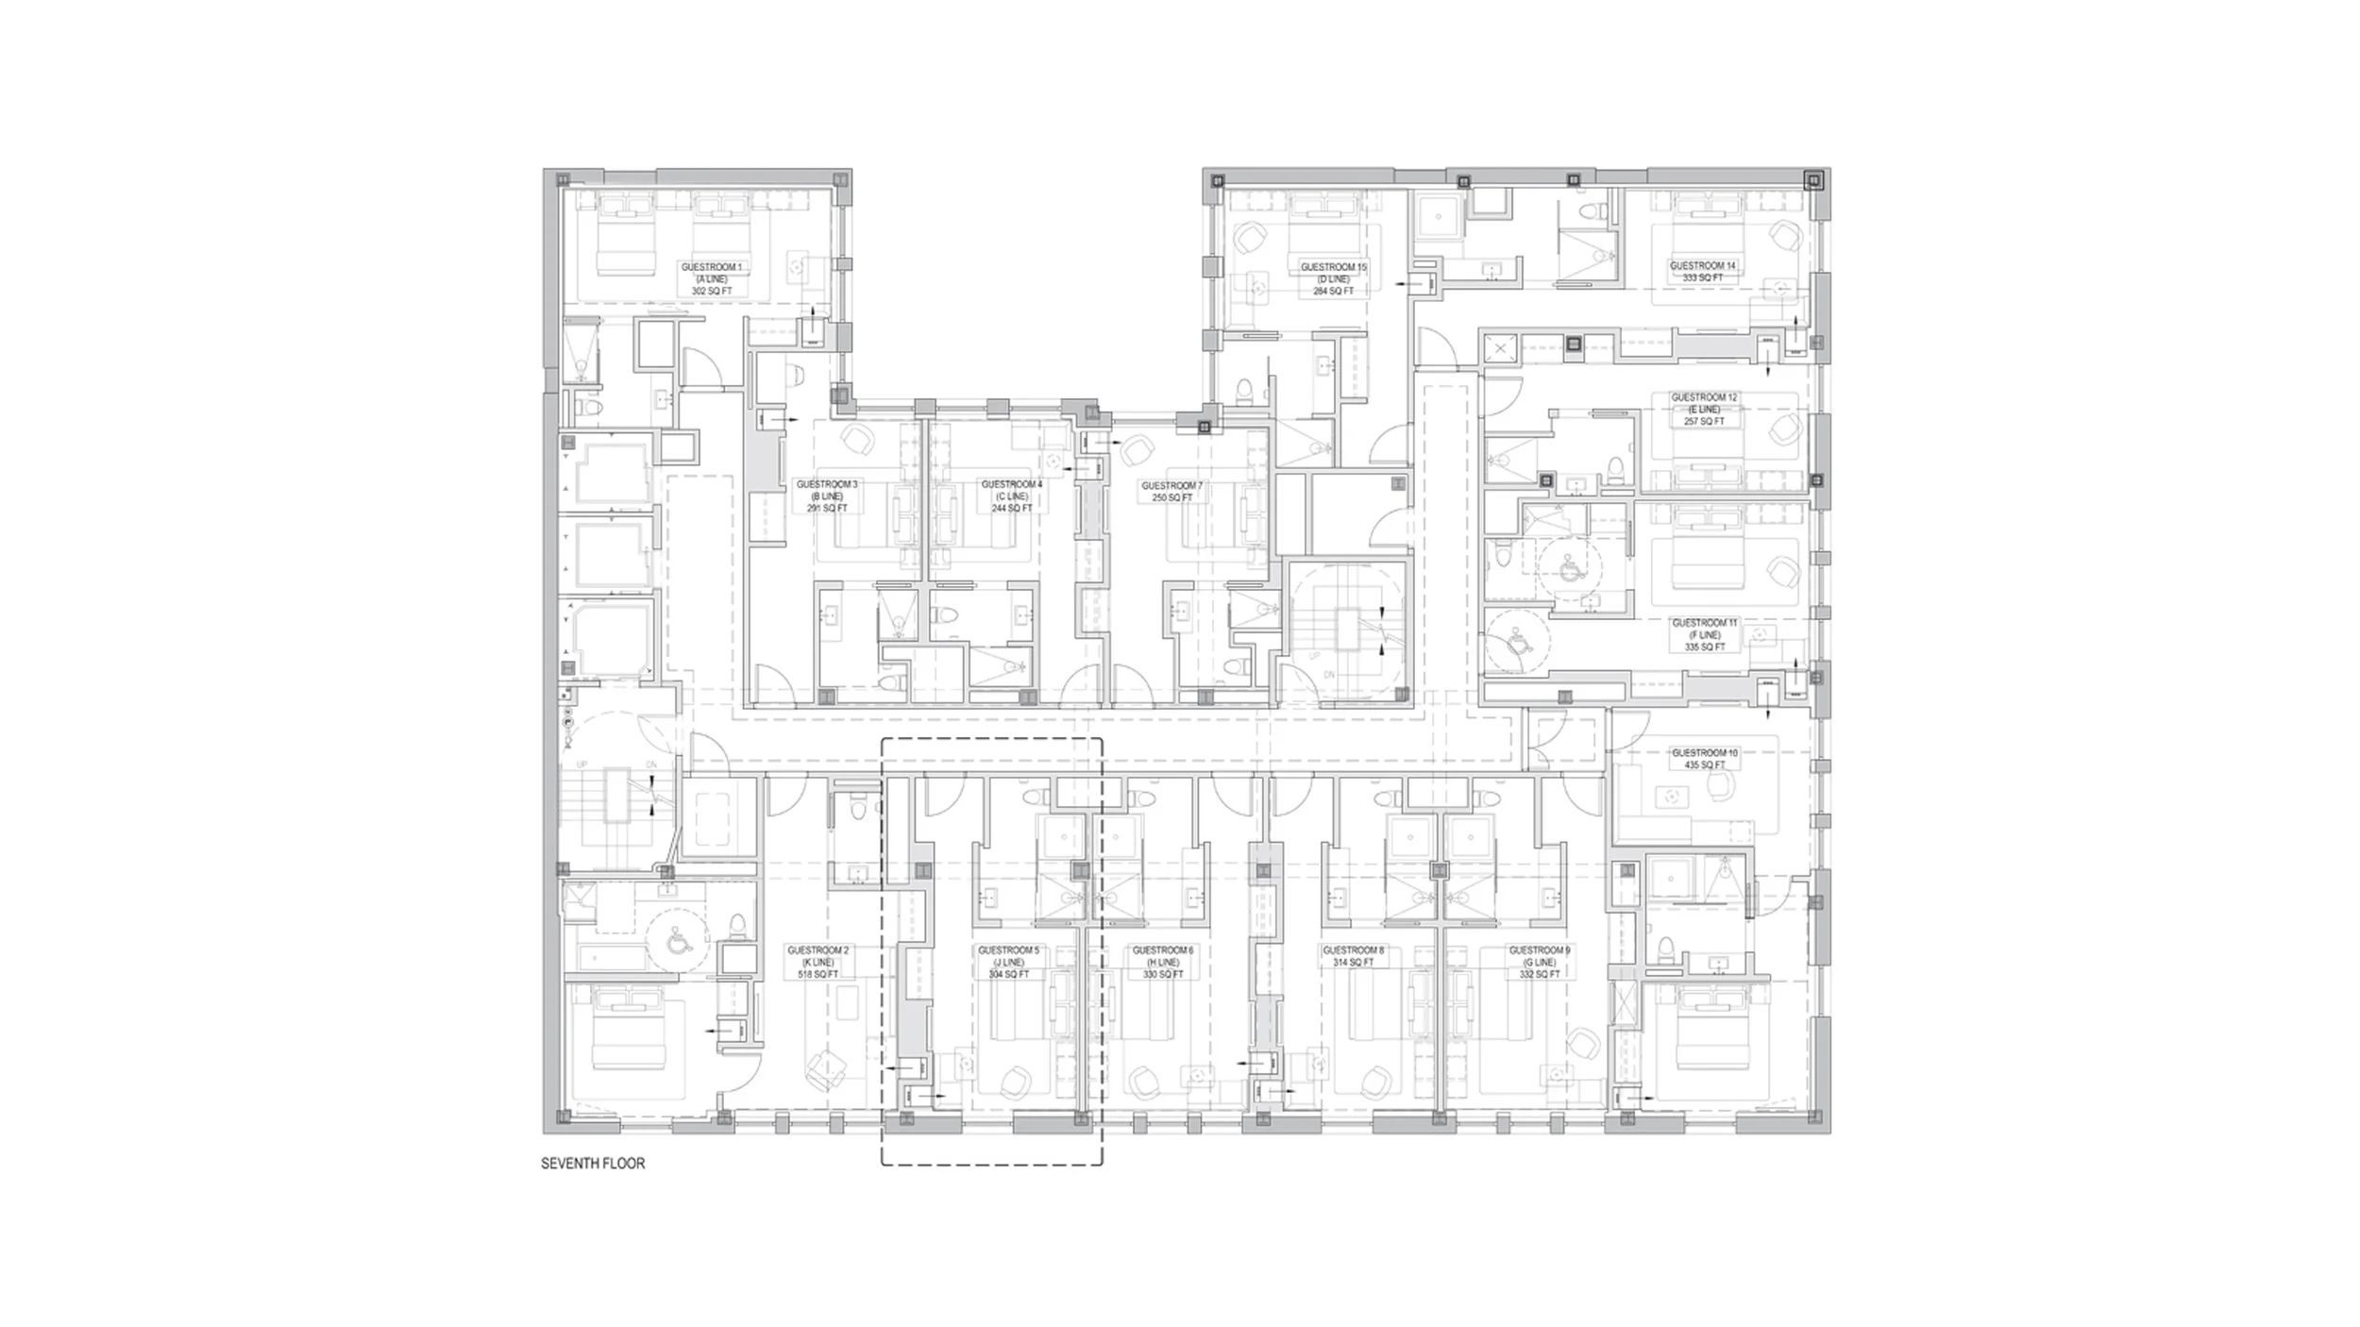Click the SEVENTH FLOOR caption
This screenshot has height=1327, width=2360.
[593, 1164]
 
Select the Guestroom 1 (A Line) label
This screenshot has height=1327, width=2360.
[712, 279]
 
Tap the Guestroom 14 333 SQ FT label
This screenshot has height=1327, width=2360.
[1703, 272]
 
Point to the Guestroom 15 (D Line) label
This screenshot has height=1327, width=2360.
[1334, 279]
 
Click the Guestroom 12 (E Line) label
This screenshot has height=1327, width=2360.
[1704, 410]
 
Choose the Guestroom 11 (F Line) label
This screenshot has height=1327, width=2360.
[1704, 635]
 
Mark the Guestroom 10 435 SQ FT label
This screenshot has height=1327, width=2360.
[1704, 759]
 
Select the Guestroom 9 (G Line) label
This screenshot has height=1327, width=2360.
[1540, 962]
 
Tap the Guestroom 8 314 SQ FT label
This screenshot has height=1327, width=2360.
[1354, 956]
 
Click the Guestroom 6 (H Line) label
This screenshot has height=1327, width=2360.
[1163, 962]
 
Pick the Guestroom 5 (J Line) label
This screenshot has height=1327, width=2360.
[1008, 962]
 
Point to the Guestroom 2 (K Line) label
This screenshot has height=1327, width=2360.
[818, 962]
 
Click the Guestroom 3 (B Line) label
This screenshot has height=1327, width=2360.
[827, 496]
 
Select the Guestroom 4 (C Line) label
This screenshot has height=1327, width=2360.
[1012, 496]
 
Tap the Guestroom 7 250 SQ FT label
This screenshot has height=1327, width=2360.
[1172, 492]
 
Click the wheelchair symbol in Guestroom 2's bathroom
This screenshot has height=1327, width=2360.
[676, 941]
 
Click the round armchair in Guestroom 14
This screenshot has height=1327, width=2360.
[1782, 232]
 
